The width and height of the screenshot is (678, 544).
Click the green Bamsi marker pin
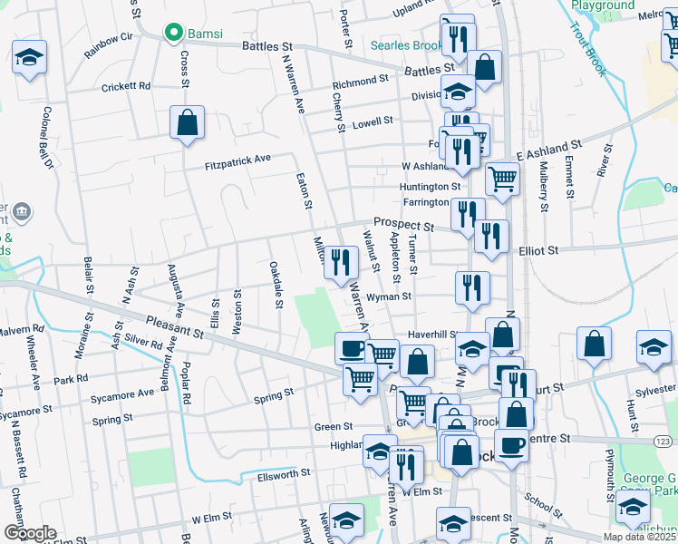173,34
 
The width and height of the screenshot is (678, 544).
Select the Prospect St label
404,222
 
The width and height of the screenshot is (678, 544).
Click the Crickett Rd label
127,86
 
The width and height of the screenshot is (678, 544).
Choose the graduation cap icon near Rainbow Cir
30,59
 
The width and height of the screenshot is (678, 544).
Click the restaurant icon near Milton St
339,263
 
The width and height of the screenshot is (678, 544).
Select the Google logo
29,533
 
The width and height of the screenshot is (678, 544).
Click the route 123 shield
663,441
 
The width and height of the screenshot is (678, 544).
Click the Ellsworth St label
284,473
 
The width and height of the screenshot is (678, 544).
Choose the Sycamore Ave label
122,394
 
